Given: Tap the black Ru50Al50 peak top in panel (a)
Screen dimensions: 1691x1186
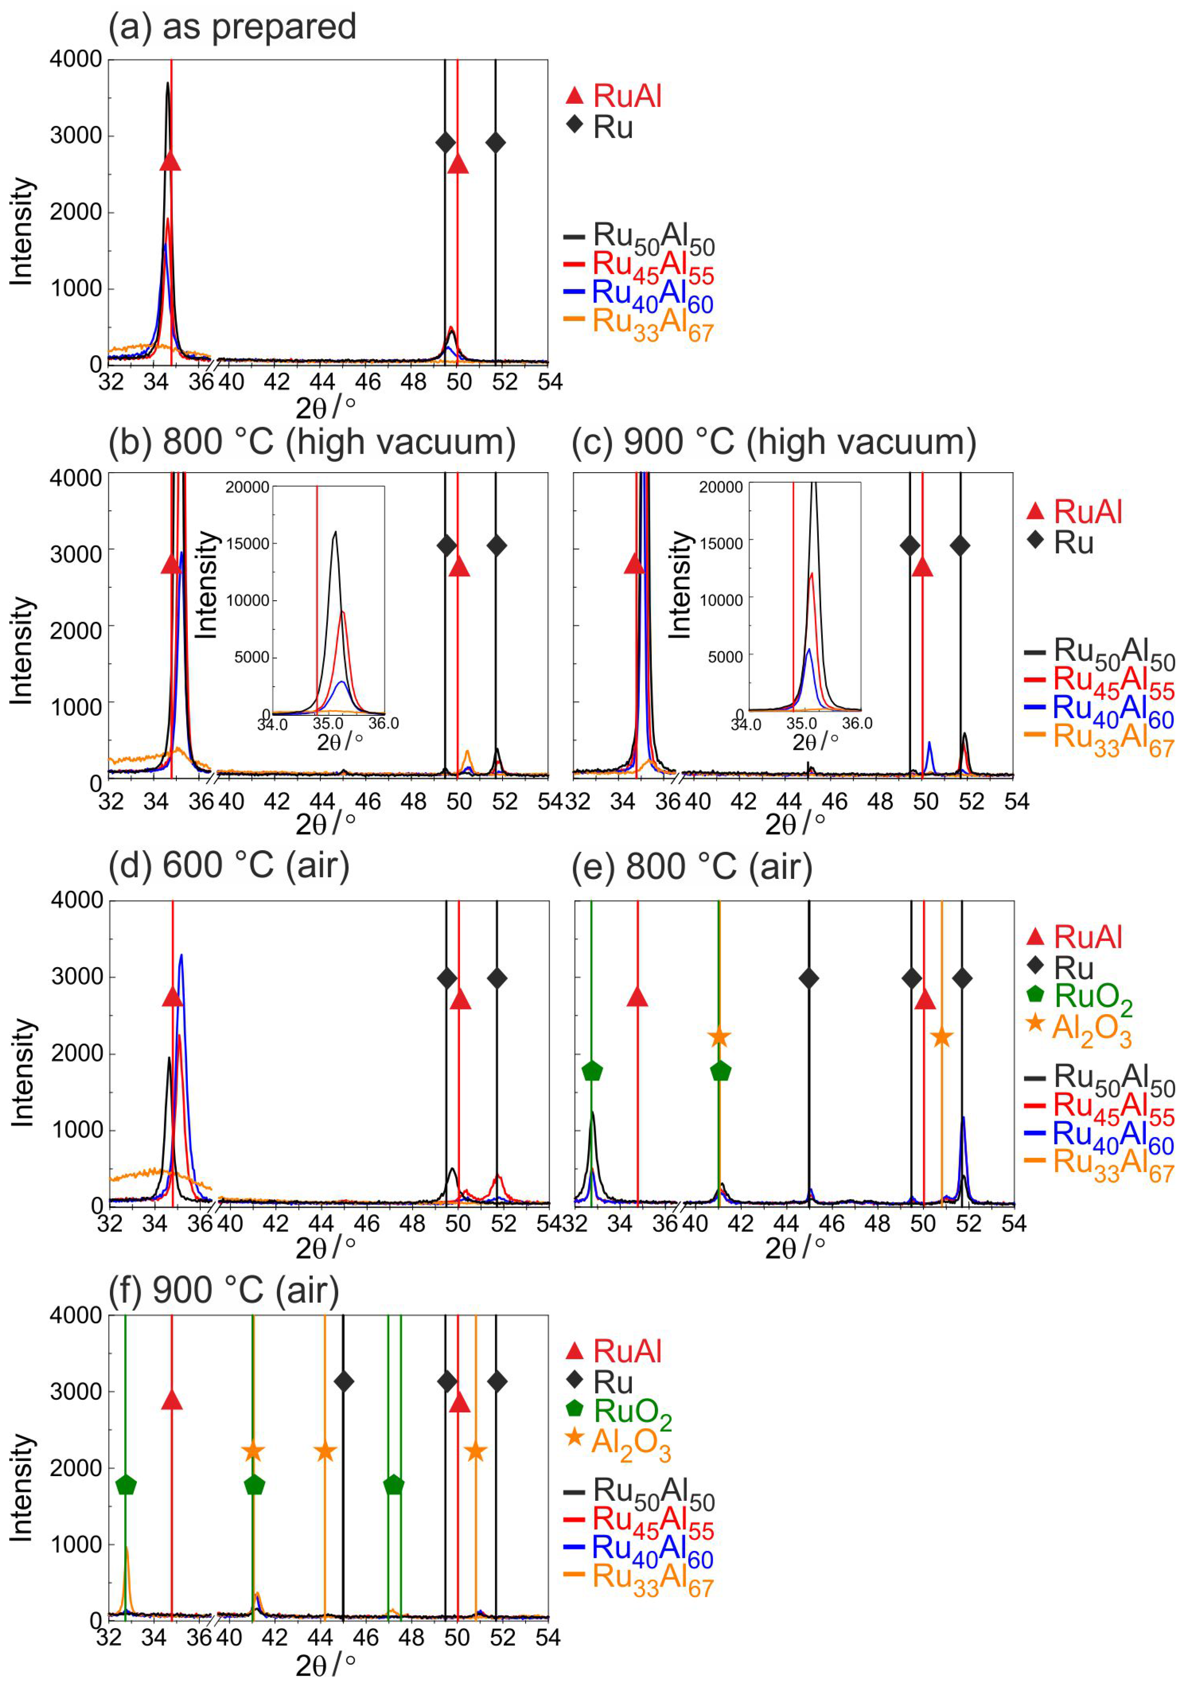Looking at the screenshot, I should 168,83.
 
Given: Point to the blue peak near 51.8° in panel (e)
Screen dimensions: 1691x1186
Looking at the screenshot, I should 963,1117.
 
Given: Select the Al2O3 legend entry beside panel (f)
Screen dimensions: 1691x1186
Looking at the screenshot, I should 618,1444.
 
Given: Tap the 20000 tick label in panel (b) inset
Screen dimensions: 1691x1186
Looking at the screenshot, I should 247,488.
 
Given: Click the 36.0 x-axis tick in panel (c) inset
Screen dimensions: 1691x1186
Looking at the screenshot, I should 857,723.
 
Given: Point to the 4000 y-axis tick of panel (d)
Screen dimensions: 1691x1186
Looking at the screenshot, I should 77,900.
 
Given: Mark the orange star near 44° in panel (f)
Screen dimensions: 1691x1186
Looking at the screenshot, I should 326,1452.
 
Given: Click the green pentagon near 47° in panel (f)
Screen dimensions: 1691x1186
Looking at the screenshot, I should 394,1485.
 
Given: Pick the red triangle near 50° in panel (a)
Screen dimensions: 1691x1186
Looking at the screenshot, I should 458,164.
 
